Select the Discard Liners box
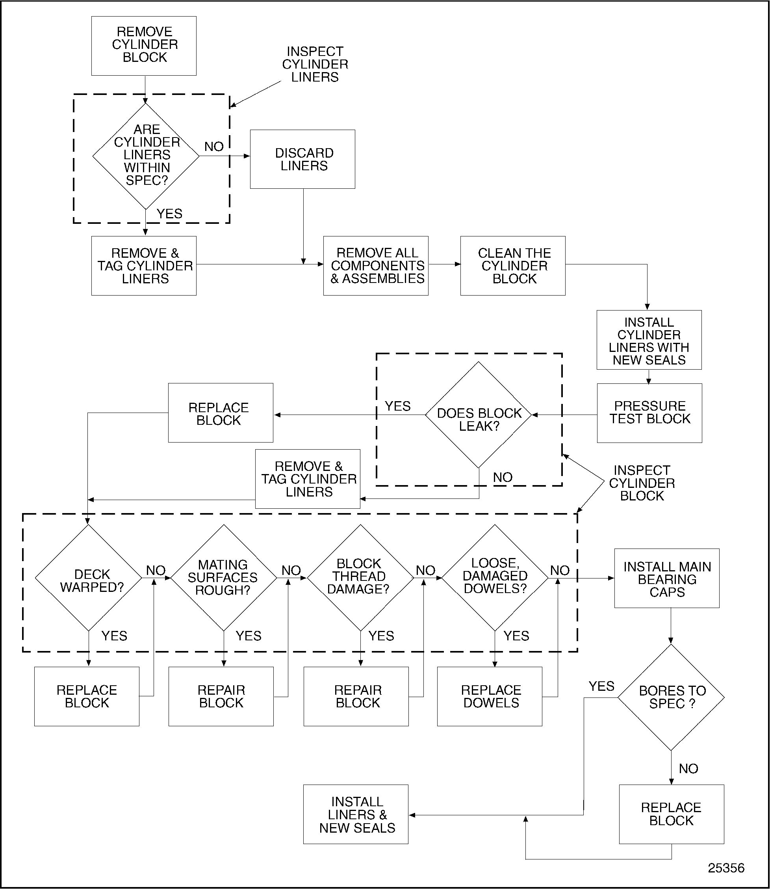[302, 159]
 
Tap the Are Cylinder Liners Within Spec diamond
[146, 156]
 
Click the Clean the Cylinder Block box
[513, 266]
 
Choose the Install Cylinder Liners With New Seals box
[649, 340]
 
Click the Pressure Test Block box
[649, 413]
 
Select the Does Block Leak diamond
[478, 415]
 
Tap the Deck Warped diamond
[89, 578]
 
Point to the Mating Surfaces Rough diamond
[223, 578]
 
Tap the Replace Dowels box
[490, 697]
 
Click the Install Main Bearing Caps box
[666, 578]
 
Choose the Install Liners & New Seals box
[356, 815]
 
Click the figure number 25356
[726, 868]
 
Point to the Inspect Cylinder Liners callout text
[315, 65]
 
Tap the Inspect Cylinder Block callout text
[642, 483]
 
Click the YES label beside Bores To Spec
[601, 686]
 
